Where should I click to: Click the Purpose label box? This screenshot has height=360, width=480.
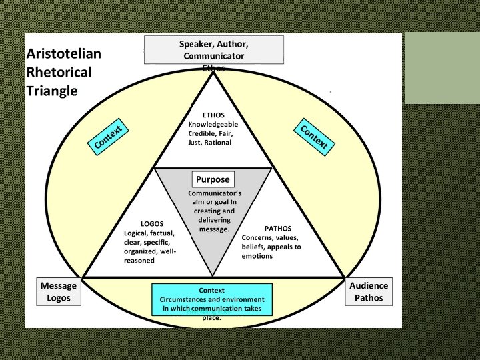213,179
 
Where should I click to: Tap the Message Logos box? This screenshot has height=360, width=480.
59,291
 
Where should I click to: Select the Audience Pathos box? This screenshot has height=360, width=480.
369,291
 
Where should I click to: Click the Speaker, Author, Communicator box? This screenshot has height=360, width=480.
213,50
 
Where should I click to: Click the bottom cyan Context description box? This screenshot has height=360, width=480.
212,299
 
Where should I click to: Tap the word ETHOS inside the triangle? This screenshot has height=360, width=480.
213,115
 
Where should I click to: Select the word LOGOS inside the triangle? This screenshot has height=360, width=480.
152,223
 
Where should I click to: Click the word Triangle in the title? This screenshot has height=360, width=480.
52,90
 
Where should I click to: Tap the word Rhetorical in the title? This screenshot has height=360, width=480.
59,72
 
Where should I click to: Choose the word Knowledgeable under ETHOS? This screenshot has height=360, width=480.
213,124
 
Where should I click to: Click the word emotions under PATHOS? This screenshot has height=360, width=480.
257,256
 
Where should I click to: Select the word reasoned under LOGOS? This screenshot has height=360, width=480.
139,261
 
